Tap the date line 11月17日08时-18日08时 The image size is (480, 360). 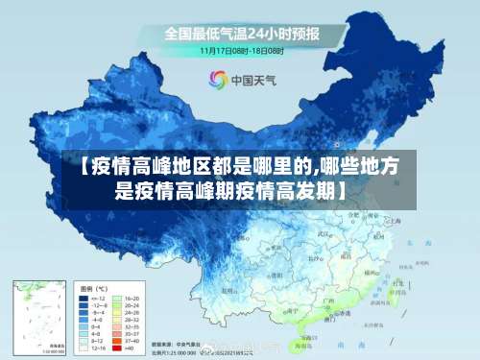[241, 49]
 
